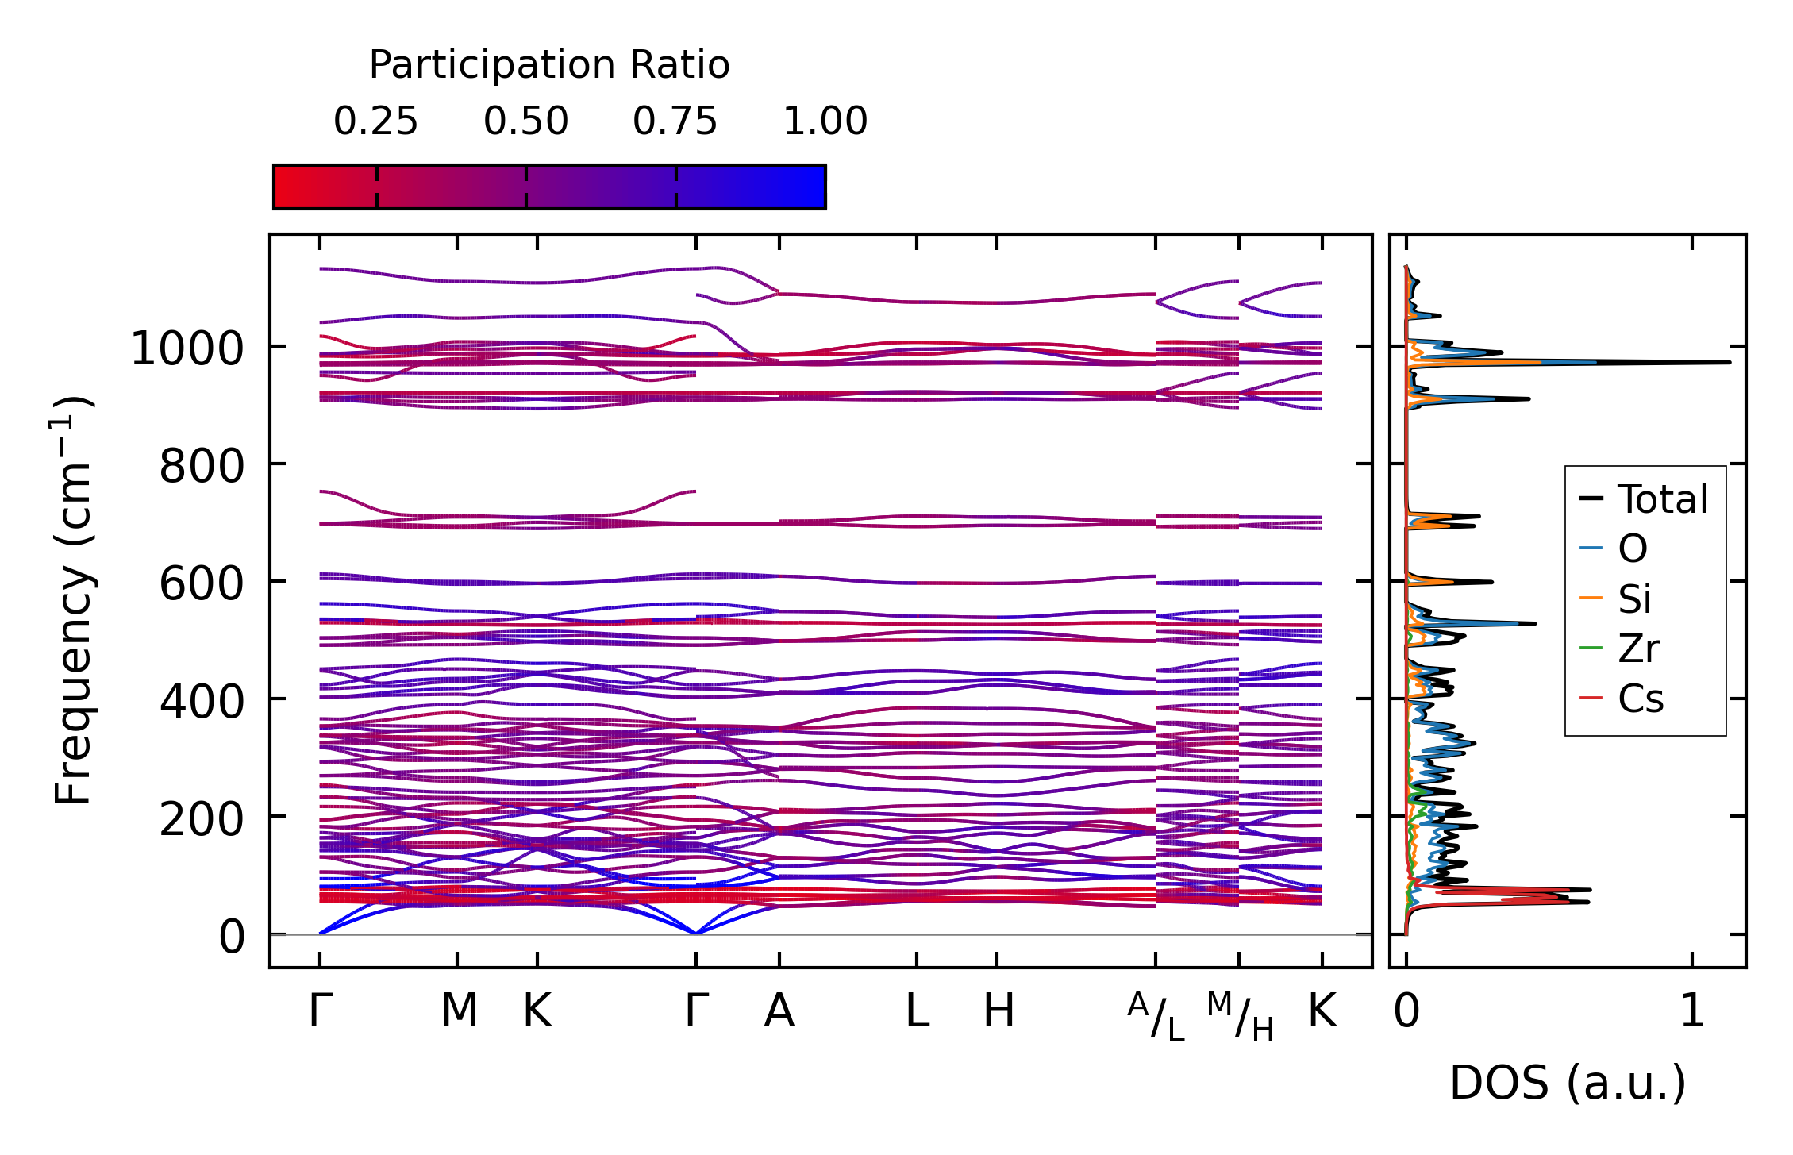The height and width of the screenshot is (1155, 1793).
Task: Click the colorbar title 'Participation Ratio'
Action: pos(549,65)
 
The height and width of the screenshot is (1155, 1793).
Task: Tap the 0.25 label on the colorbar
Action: pos(375,121)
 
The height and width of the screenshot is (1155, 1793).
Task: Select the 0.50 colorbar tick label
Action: pos(525,121)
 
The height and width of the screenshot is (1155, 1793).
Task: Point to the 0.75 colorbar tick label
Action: pos(675,121)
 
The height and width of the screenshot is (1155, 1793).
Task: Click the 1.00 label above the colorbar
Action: pos(825,121)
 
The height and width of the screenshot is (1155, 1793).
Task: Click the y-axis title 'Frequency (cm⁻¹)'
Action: pos(74,600)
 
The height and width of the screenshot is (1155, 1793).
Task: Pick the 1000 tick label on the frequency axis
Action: pos(187,349)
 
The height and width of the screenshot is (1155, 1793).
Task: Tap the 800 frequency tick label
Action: pos(202,466)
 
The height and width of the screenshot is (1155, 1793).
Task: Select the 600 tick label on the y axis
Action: pos(202,583)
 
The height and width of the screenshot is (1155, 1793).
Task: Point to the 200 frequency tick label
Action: pos(202,818)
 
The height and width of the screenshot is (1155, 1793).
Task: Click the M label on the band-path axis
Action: pos(459,1011)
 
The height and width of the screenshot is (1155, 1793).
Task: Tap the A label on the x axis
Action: pos(779,1011)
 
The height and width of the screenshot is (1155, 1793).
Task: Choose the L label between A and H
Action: pos(917,1011)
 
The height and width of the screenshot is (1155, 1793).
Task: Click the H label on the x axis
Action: pos(998,1011)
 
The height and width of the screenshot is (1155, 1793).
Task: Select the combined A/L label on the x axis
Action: pos(1156,1016)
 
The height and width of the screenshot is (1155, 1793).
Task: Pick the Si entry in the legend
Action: pos(1634,599)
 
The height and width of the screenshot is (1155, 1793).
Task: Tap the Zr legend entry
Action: pos(1637,649)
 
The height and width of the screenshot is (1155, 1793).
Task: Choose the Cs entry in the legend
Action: pos(1640,699)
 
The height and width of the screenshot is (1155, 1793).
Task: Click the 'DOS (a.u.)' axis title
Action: pos(1568,1083)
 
